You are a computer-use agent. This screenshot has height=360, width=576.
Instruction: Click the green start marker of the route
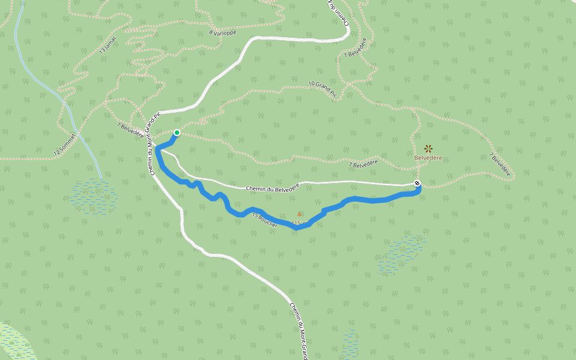[x=176, y=133]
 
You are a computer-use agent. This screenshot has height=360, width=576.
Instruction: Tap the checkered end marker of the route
[x=418, y=184]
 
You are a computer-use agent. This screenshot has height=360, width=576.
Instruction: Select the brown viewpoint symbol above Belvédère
[x=428, y=148]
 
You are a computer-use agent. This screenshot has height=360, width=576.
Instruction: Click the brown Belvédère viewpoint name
[x=428, y=158]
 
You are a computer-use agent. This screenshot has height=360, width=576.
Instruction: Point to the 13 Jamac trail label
[x=109, y=46]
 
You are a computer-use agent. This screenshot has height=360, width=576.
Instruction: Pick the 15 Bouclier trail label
[x=264, y=220]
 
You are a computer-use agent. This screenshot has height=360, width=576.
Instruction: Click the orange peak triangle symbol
[x=299, y=213]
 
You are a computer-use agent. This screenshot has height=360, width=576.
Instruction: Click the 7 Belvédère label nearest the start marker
[x=130, y=128]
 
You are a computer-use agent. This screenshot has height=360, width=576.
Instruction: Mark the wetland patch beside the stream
[x=93, y=196]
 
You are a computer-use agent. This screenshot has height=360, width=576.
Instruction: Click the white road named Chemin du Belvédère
[x=360, y=182]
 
